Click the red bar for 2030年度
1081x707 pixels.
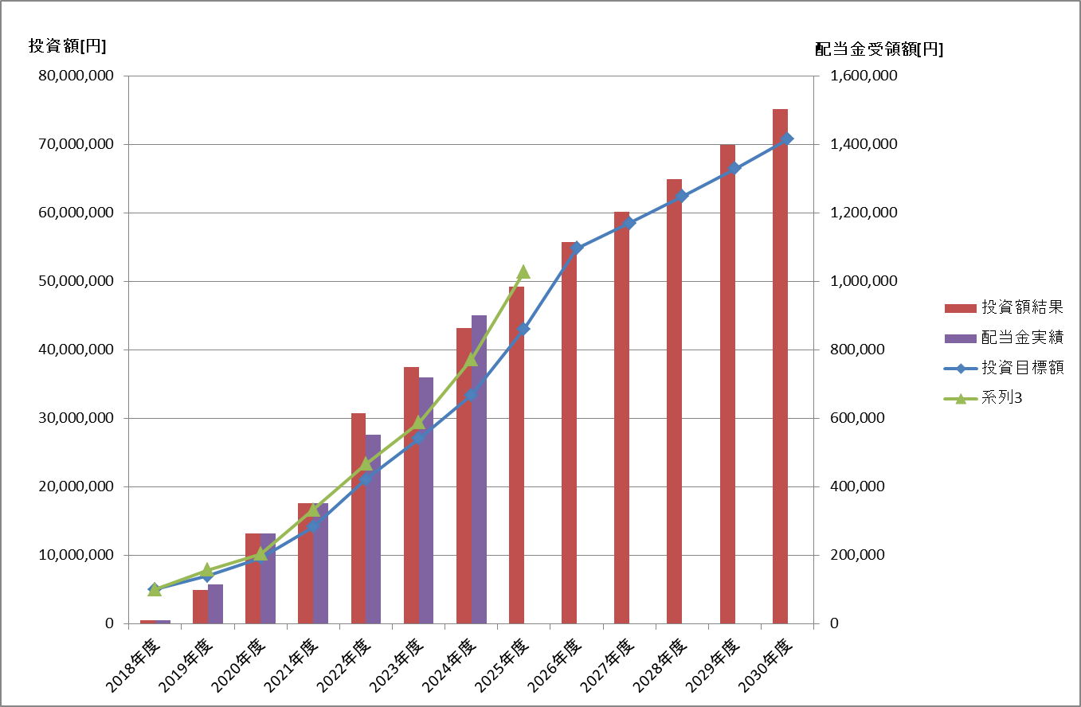780,366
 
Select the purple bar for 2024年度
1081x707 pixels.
479,470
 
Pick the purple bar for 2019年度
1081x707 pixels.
215,604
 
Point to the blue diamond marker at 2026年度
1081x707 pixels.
578,248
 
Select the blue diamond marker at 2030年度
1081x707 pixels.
787,139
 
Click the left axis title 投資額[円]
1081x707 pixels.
67,46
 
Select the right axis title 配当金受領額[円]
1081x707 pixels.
879,49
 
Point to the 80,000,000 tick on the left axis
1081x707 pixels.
76,76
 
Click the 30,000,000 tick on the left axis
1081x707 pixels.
76,419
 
